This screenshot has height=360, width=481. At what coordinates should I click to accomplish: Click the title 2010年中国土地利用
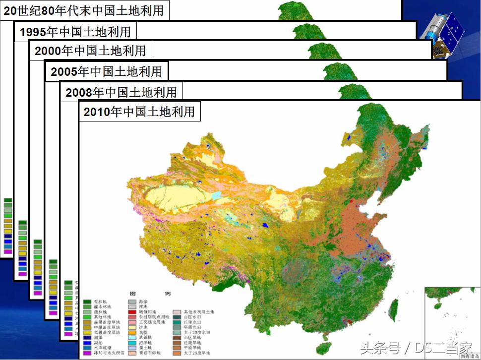[139, 112]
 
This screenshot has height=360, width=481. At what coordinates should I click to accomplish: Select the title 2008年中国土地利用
[121, 92]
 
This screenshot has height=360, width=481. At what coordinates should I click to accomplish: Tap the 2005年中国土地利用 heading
[106, 72]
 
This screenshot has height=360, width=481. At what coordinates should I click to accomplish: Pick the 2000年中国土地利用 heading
[90, 51]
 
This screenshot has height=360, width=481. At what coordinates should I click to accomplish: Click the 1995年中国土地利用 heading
[75, 32]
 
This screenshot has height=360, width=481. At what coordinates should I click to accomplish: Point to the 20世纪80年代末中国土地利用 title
[84, 10]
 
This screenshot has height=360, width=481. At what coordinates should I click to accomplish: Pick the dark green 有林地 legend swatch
[88, 301]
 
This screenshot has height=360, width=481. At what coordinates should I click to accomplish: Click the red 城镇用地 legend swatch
[132, 312]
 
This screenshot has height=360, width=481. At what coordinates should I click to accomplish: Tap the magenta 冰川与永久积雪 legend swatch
[88, 353]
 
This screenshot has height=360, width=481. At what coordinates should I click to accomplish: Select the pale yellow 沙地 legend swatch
[132, 327]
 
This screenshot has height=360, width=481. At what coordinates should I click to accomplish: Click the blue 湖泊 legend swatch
[88, 343]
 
